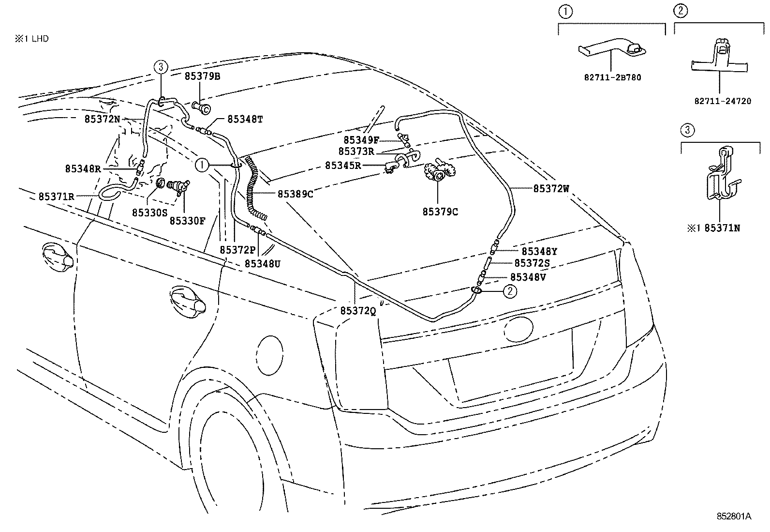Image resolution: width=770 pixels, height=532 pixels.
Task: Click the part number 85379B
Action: (202, 76)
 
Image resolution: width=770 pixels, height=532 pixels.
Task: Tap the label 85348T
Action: (245, 119)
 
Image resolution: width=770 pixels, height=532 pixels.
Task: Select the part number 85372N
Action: (102, 119)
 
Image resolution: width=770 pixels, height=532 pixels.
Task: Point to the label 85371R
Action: (56, 197)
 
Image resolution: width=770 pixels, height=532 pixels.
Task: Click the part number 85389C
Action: (296, 194)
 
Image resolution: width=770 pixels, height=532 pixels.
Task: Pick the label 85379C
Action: (440, 212)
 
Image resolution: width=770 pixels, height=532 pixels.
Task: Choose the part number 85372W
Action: (551, 189)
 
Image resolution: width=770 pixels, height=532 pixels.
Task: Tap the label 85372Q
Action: (358, 311)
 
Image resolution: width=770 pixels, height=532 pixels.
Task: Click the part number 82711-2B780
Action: (612, 77)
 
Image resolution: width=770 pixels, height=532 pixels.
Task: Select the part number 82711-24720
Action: (723, 101)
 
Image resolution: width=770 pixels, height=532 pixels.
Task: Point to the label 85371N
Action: (722, 228)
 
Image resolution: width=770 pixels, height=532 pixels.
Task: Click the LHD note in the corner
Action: (31, 39)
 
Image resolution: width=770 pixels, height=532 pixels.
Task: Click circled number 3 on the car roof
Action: (161, 67)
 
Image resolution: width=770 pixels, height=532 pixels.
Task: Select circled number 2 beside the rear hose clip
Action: (510, 291)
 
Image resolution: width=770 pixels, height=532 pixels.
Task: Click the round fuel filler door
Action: (270, 355)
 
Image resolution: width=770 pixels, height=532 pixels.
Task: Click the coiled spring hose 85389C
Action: (255, 187)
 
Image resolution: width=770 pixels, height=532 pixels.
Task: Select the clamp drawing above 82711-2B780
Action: (612, 47)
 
